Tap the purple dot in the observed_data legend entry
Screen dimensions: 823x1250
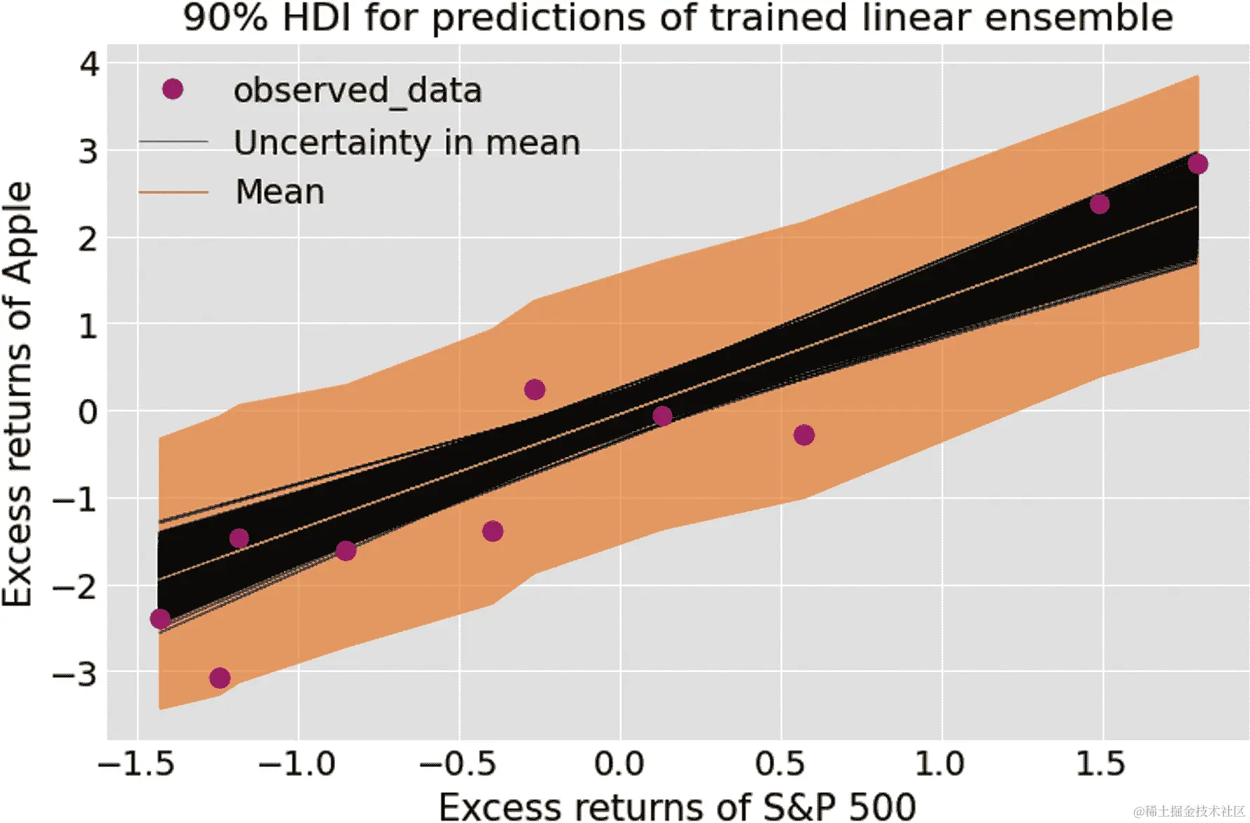click(x=173, y=89)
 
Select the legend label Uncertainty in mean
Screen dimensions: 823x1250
click(x=407, y=143)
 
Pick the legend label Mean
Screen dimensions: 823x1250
click(x=280, y=192)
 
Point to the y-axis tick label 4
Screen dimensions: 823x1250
click(x=90, y=65)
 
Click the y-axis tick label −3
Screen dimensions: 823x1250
click(x=75, y=675)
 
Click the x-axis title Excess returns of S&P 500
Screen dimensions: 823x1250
click(x=678, y=806)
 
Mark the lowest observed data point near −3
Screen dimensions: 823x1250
click(x=220, y=678)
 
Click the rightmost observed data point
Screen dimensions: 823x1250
click(x=1197, y=164)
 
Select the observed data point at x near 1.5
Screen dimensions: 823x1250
click(x=1099, y=204)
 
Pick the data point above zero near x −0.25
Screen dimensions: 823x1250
click(x=534, y=390)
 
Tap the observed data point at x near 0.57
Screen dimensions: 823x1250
click(x=804, y=435)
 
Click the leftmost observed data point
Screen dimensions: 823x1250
click(x=160, y=619)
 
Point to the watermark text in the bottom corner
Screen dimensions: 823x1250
click(x=1188, y=812)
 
